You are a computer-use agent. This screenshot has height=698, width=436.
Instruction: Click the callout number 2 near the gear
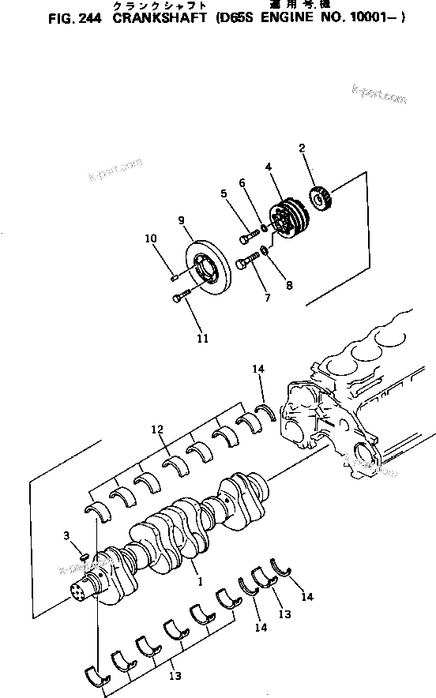click(x=302, y=149)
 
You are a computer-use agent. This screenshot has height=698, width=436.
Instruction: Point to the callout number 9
click(x=181, y=221)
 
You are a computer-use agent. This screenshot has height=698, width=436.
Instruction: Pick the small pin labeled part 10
click(x=175, y=276)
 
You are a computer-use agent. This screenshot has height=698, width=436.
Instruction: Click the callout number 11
click(x=203, y=339)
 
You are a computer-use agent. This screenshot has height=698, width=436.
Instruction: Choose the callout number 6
click(x=242, y=183)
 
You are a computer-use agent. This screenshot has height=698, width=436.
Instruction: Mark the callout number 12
click(x=157, y=430)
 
